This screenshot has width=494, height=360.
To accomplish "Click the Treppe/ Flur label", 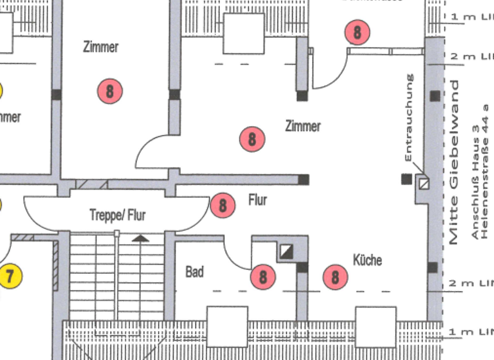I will tap(117, 215).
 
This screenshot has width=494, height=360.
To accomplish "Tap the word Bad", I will tap(194, 272).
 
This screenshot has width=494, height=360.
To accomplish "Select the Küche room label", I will tap(367, 260).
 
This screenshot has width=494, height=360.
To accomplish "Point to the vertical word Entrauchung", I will tap(410, 118).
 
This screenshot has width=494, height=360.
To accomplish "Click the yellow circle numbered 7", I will tap(10, 276).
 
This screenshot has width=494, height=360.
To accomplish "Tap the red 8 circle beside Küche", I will tap(335, 277).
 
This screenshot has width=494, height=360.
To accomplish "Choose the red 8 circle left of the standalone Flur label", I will tap(223, 205).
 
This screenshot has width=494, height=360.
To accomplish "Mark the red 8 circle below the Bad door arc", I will tap(262, 277).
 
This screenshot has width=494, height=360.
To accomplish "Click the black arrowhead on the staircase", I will tap(141, 238).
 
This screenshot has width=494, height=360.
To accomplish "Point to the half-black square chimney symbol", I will tap(286, 251).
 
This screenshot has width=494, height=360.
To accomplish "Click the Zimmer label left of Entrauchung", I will tap(303, 126).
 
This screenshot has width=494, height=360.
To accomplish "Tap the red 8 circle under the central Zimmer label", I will tap(252, 139).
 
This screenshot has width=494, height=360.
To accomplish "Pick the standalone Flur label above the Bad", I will tap(257, 201).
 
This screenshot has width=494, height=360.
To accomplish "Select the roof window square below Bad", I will tap(227, 327).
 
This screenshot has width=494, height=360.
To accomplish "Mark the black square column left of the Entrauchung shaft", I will tap(406, 179).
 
